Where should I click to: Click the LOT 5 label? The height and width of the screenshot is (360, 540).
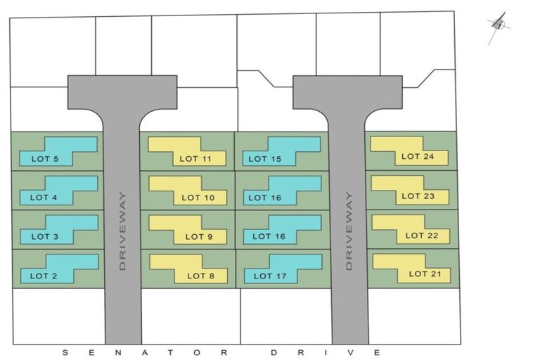click(x=45, y=159)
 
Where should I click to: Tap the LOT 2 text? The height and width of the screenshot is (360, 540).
click(x=44, y=276)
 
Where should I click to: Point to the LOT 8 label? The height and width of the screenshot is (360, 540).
click(x=200, y=276)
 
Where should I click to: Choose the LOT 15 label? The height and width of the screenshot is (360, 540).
click(x=266, y=159)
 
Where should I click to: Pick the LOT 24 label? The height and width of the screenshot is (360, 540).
click(x=419, y=156)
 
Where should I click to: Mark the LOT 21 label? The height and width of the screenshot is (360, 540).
click(x=425, y=274)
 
